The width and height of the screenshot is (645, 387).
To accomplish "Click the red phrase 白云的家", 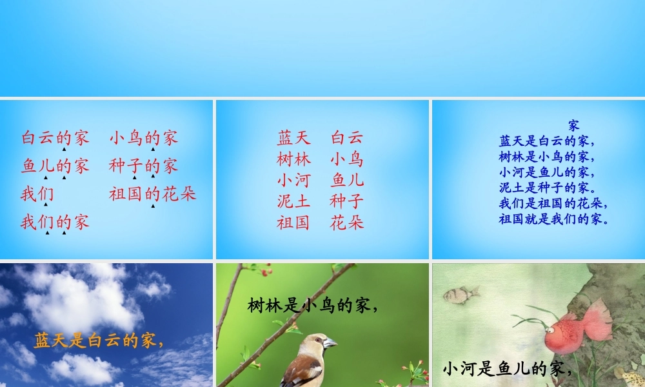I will [x=55, y=137].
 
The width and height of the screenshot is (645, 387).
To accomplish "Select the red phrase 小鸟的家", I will [x=143, y=137].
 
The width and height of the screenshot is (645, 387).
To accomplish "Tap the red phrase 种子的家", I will [x=143, y=166].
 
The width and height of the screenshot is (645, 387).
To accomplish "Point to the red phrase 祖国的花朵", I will [x=153, y=193].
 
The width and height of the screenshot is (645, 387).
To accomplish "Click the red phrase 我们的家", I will [x=55, y=223].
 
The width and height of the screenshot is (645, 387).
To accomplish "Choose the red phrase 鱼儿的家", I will [x=55, y=166].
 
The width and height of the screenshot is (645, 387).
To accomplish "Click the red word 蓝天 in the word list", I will [x=294, y=137].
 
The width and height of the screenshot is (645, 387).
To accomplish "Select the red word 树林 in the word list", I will [x=294, y=159].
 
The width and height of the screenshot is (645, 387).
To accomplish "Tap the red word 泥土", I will [x=294, y=201].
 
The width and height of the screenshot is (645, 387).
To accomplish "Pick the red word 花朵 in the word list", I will [x=347, y=223].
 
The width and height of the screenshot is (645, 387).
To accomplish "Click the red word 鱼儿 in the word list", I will [x=347, y=180].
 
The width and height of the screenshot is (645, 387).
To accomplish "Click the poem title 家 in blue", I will [x=574, y=125].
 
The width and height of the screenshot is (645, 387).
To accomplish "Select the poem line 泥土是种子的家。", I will [x=546, y=188].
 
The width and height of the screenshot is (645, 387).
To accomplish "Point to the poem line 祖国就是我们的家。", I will [x=554, y=219].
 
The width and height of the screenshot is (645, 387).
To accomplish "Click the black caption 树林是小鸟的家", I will [x=312, y=305].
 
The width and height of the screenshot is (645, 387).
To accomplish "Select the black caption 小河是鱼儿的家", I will [x=508, y=369].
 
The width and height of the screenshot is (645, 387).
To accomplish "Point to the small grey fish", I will [x=461, y=295].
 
